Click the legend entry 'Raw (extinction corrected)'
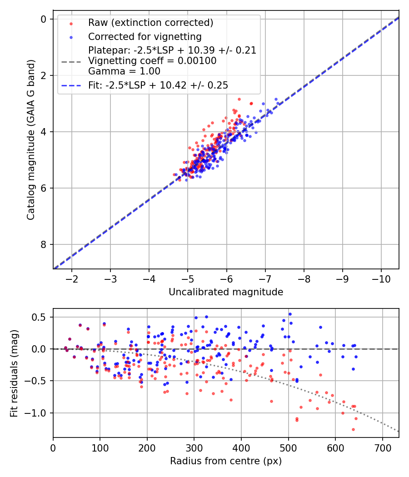[150, 23]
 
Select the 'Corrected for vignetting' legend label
[145, 36]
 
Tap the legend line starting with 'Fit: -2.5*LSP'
[158, 85]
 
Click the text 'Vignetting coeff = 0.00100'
[152, 61]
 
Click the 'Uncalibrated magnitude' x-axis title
[226, 292]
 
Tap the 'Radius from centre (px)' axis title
[226, 461]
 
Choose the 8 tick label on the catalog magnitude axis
[44, 244]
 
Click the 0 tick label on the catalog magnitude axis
[44, 19]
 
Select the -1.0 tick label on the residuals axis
[39, 413]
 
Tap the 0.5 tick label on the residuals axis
[41, 317]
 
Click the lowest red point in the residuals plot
[353, 429]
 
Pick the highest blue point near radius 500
[290, 314]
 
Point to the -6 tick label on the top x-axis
[227, 278]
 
